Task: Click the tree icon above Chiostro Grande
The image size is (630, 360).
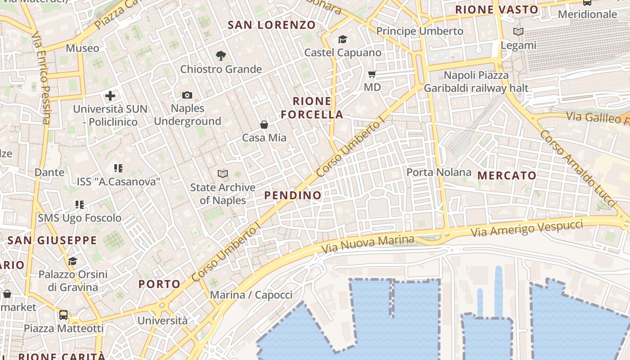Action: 220,56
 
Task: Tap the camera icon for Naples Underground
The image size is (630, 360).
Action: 187,95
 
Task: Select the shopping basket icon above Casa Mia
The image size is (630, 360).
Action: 264,124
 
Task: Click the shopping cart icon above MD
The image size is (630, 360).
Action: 372,74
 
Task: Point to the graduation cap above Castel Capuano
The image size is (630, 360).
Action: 342,40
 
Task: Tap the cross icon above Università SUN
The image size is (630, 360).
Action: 110,96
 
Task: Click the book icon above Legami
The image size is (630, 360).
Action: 518,31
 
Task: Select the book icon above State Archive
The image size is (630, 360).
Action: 222,174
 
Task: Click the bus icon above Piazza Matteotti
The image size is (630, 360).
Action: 63,315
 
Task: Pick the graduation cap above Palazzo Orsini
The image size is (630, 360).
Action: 72,261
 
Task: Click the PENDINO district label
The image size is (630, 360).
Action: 293,195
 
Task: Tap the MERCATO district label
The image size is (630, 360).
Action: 507,175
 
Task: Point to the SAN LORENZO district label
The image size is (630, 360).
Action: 271,25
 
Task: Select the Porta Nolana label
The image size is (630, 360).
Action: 439,172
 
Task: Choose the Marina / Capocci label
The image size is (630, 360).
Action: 251,295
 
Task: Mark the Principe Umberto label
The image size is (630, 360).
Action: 419,31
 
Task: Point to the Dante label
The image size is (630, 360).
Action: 49,172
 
